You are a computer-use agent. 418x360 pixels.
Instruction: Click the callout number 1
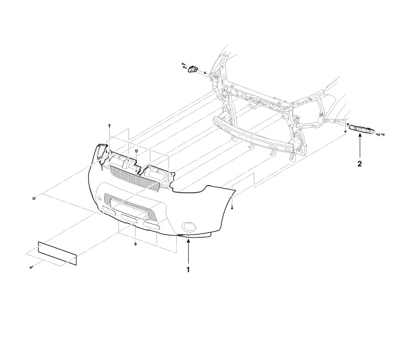tap(188, 270)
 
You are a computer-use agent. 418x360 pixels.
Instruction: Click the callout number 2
tap(359, 164)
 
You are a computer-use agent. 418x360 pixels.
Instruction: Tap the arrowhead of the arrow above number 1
tap(188, 241)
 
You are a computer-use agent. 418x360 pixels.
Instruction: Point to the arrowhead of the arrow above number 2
tap(359, 136)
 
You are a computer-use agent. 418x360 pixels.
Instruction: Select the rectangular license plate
tap(57, 254)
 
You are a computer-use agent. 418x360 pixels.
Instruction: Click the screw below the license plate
tap(31, 267)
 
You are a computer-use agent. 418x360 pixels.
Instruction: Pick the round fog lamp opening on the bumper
tap(189, 227)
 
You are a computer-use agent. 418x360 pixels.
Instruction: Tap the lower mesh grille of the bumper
tap(131, 207)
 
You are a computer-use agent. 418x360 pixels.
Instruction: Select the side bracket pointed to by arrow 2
tap(361, 128)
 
